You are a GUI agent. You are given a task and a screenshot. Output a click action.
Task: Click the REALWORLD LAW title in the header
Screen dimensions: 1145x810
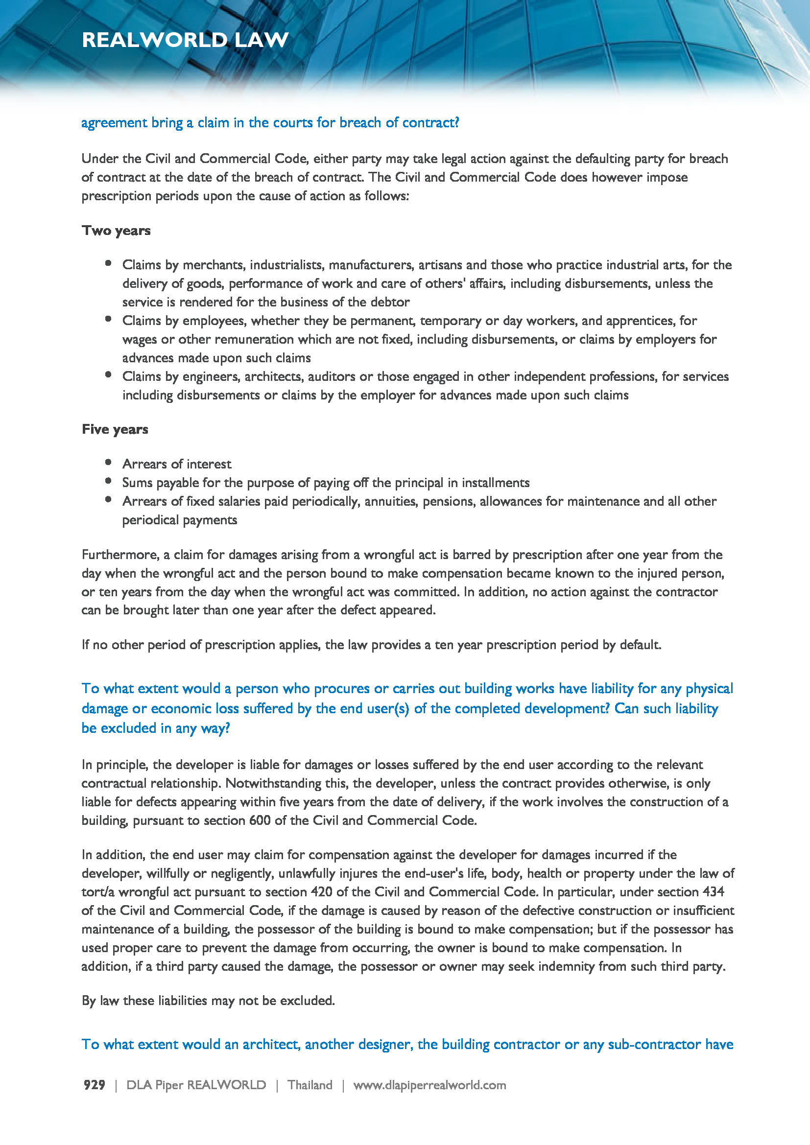click(x=185, y=40)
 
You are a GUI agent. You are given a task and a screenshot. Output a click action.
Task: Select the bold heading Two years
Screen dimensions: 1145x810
click(x=116, y=231)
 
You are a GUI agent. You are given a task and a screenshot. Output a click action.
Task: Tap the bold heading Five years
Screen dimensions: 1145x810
click(x=115, y=429)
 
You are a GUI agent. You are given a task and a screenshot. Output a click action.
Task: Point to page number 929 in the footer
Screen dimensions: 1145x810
click(x=94, y=1085)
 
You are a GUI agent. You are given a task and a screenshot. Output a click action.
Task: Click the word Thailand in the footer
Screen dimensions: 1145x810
click(x=310, y=1085)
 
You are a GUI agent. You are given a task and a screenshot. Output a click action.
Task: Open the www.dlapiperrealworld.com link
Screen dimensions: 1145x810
click(x=429, y=1085)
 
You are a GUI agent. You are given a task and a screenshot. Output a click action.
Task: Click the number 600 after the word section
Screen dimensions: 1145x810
click(x=260, y=820)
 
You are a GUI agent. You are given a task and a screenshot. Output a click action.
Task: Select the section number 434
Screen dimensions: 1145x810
click(x=713, y=891)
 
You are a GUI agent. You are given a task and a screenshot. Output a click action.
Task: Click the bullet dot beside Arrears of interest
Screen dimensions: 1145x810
click(x=108, y=462)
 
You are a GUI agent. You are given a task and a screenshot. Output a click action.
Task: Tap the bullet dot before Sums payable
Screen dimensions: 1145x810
click(x=108, y=481)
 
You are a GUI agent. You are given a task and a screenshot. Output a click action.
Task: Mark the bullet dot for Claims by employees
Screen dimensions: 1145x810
click(x=108, y=319)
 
